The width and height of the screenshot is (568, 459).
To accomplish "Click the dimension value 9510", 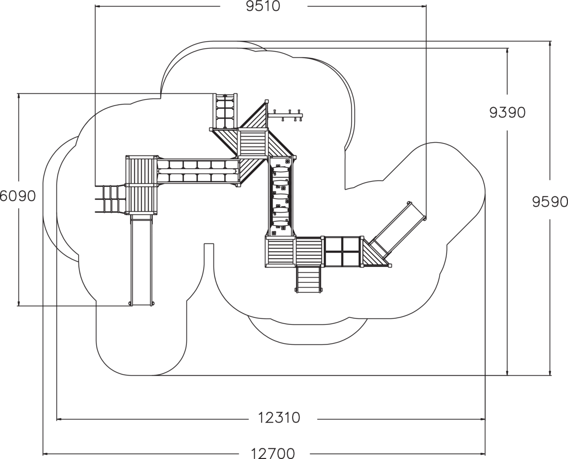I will click(x=263, y=6).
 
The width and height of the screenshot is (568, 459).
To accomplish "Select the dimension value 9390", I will click(x=507, y=113).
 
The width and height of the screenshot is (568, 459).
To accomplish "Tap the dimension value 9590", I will click(x=550, y=202).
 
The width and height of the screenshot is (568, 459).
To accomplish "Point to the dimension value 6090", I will click(x=18, y=196).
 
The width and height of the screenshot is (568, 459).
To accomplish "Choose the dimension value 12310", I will click(x=279, y=418).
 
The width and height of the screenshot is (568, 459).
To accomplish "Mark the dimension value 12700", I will click(x=273, y=453).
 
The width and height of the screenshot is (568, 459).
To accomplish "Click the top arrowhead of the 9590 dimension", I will click(x=550, y=44).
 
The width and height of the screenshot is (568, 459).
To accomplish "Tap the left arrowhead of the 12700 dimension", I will click(x=45, y=454).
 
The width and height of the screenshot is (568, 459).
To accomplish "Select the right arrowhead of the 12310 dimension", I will click(x=482, y=419).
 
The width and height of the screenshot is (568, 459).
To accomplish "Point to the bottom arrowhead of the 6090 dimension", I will click(x=18, y=303).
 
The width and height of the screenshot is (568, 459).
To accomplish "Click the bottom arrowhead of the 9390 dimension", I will click(x=507, y=373).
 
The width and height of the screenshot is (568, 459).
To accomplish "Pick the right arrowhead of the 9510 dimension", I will click(x=423, y=6).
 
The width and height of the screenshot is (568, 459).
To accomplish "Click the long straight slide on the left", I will click(x=142, y=261).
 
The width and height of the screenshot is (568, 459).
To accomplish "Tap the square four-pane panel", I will click(x=342, y=252).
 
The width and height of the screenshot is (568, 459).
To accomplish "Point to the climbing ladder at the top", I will click(x=225, y=111).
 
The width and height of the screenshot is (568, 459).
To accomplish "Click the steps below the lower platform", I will click(x=309, y=279).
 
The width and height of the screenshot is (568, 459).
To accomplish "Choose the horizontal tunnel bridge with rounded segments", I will click(x=197, y=171).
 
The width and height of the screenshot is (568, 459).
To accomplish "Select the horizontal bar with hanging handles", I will click(x=285, y=115).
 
